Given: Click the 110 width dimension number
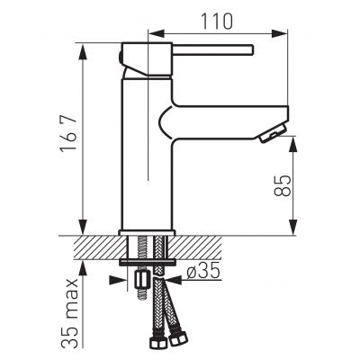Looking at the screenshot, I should pyautogui.click(x=217, y=20).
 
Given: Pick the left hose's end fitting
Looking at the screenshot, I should pyautogui.click(x=150, y=343).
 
